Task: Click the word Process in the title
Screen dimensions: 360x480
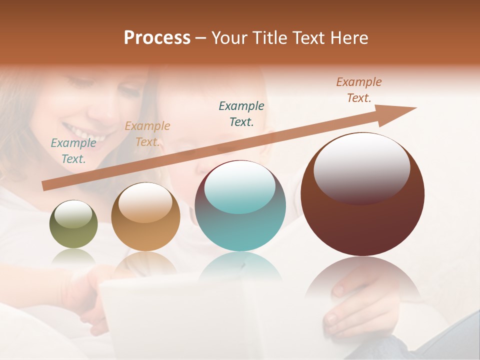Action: pos(157,38)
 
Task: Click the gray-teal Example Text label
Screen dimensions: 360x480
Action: pos(73,151)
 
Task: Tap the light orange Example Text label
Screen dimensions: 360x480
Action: pos(147,134)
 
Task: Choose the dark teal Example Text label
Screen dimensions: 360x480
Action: pos(241,113)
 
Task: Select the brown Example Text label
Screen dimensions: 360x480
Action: pos(359,90)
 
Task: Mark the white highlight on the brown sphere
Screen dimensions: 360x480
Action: pos(361,167)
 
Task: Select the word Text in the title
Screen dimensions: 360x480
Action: pos(309,38)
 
